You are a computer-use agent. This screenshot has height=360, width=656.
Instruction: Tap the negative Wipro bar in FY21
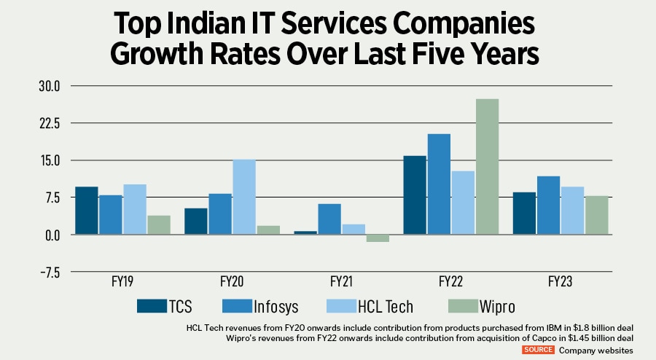(x=378, y=238)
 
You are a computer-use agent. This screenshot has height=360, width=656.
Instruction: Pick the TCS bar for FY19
(x=86, y=211)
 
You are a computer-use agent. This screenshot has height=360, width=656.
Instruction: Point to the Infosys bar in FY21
(x=329, y=219)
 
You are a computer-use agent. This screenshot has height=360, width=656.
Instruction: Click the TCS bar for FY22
(x=414, y=195)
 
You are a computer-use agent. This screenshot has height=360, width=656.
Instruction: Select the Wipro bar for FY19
(x=159, y=225)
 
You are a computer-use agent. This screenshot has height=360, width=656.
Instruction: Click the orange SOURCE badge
(x=539, y=350)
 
